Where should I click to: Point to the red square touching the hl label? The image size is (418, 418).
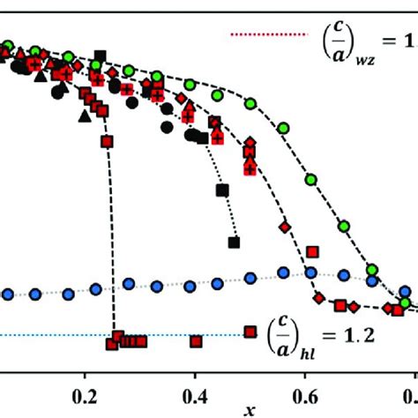250,332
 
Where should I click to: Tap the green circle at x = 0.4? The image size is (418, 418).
190,84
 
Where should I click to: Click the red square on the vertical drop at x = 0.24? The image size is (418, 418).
108,141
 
